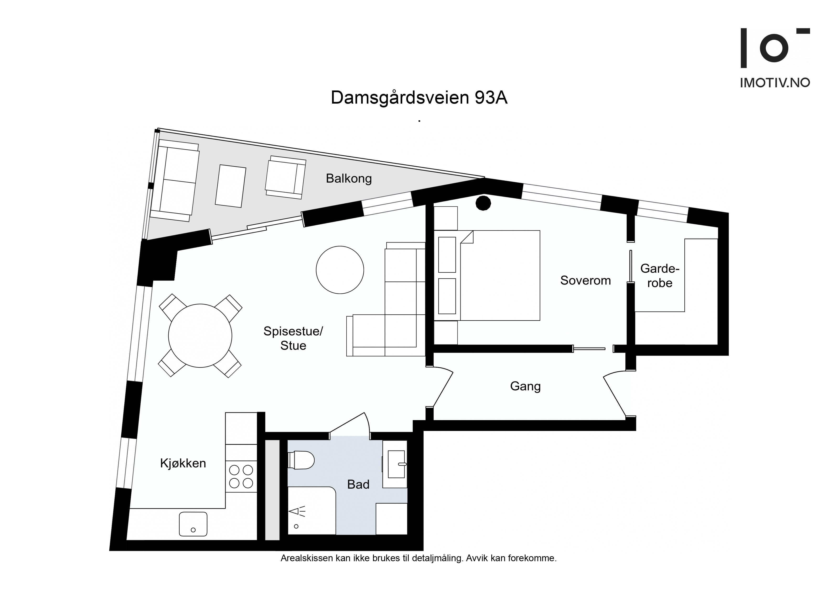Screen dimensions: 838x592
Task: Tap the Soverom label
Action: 586,280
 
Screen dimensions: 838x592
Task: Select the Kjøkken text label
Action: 183,463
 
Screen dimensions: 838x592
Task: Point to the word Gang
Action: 525,386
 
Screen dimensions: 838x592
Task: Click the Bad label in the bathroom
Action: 358,484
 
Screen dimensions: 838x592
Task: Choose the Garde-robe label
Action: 660,276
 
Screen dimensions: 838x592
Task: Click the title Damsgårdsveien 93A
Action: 419,98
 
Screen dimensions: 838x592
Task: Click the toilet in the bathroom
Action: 301,460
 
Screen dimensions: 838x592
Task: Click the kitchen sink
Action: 193,524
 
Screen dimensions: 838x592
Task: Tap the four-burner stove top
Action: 241,476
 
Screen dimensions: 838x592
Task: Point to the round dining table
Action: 200,336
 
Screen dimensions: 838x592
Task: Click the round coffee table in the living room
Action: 340,270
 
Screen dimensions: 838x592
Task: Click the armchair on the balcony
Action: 285,177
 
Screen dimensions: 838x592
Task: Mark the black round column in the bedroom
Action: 483,203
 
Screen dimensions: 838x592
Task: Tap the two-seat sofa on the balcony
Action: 175,181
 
